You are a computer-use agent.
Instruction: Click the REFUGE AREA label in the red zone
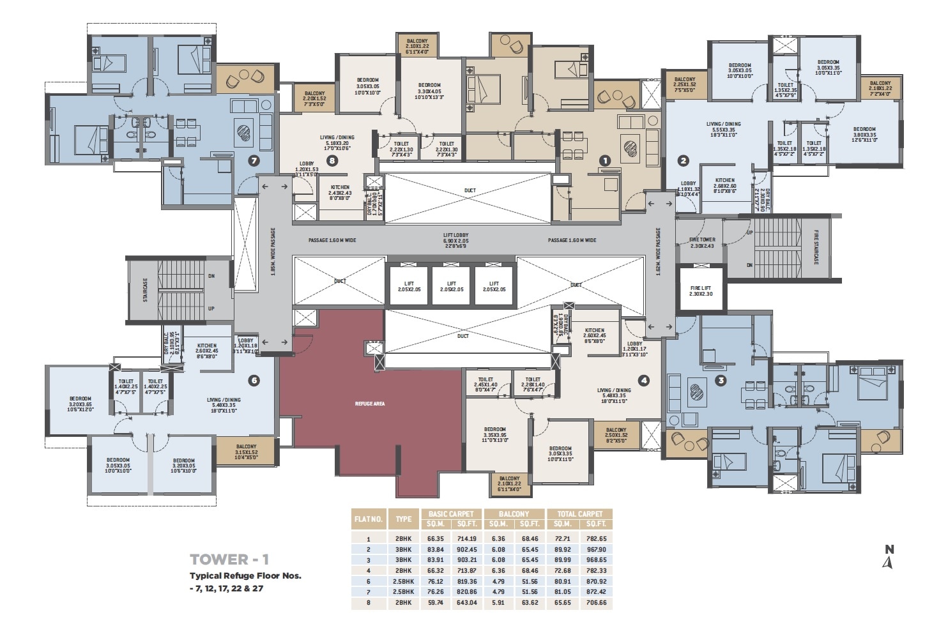coord(371,404)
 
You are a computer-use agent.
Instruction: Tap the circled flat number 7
coord(254,161)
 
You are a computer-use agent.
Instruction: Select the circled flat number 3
coord(721,381)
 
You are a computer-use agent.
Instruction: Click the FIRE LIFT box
coord(701,291)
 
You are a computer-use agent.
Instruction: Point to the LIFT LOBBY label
coord(456,240)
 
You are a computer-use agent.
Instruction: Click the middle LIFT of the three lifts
coord(452,286)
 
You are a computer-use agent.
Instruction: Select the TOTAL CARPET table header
coord(579,513)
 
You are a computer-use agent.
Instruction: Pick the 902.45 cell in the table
coord(467,549)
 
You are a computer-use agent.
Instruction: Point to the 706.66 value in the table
coord(595,602)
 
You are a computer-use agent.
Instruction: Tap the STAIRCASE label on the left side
coord(146,289)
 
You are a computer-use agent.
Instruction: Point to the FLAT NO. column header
coord(368,519)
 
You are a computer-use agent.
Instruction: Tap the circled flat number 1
coord(604,161)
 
